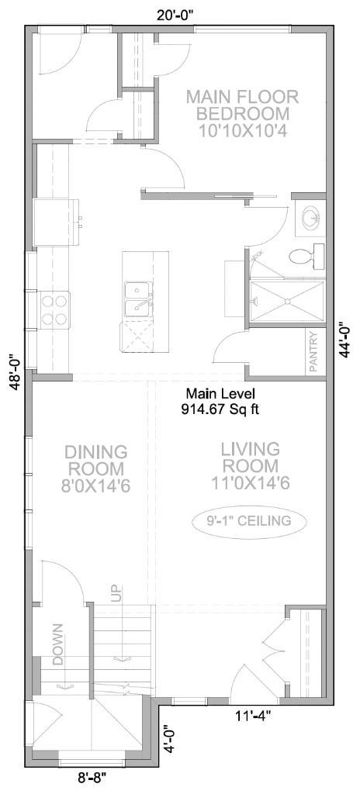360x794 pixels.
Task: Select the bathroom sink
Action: [311, 217]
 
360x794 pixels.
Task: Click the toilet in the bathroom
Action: [306, 254]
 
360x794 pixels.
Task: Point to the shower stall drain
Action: [287, 301]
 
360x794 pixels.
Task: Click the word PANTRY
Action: [313, 353]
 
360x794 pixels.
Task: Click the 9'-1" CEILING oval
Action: [249, 520]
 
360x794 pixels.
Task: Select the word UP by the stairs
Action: [116, 594]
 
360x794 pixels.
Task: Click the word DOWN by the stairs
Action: [57, 644]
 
